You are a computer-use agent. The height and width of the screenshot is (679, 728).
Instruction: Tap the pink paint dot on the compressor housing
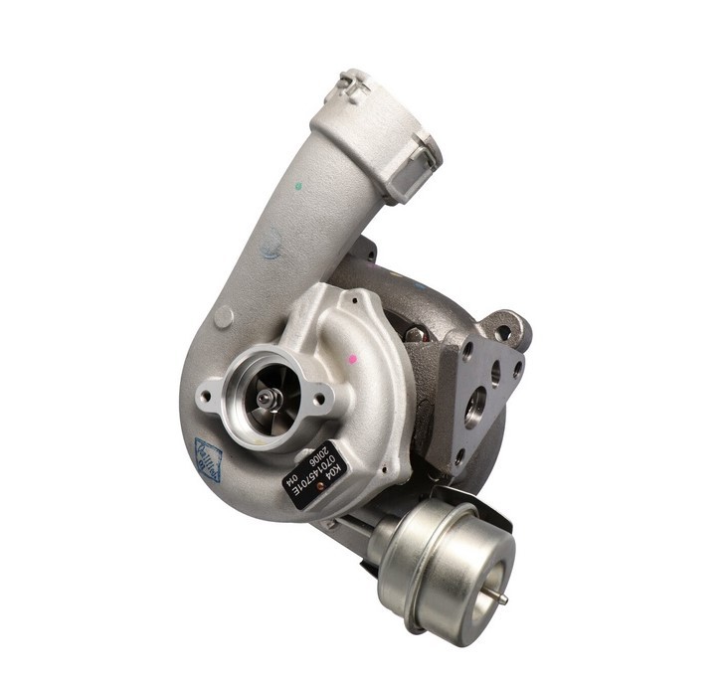(352, 357)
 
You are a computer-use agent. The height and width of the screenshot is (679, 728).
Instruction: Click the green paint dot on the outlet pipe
(298, 185)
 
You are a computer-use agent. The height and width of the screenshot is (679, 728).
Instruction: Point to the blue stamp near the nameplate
(209, 459)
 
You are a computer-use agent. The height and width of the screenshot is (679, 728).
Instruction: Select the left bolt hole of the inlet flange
(207, 396)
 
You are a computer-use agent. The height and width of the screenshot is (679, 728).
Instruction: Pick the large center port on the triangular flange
(475, 408)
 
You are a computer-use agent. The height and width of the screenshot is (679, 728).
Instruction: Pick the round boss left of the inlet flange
(225, 316)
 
